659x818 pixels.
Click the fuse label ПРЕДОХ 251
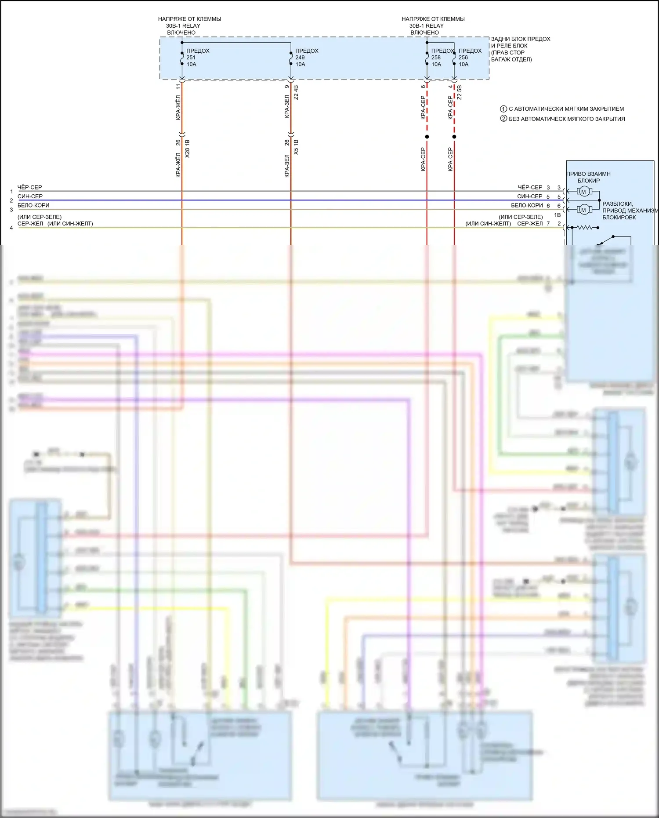tap(197, 58)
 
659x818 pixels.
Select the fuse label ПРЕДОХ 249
tap(306, 58)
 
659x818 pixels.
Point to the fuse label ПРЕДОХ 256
tap(469, 58)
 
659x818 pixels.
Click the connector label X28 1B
tap(188, 149)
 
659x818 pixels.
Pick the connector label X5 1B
tap(296, 147)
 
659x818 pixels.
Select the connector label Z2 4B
tap(296, 92)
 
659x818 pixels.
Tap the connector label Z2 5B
tap(460, 92)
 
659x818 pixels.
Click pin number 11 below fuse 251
tap(178, 87)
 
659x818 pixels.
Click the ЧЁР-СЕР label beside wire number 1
tap(30, 187)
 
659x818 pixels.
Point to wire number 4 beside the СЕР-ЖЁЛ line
tap(11, 228)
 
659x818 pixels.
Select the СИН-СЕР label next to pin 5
tap(529, 196)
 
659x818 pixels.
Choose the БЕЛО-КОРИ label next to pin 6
tap(527, 205)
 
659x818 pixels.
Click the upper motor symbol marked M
tap(583, 192)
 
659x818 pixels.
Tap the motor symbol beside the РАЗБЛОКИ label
tap(583, 210)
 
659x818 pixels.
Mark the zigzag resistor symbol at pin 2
tap(585, 228)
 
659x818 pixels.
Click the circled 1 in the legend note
tap(503, 109)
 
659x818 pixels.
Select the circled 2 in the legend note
tap(503, 119)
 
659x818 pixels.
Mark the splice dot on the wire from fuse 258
tap(427, 137)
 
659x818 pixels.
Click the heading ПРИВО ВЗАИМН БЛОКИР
tap(589, 177)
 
